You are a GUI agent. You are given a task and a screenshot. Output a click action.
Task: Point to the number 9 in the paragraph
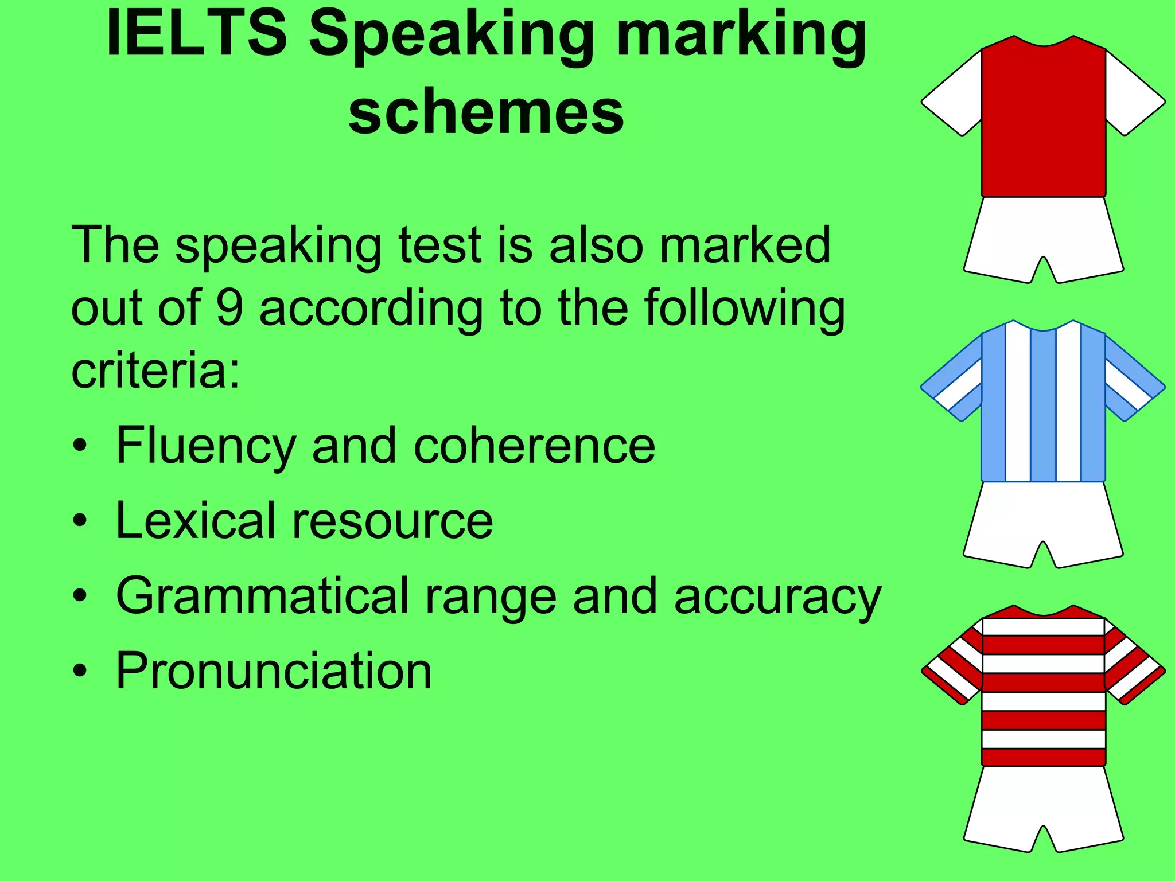(x=229, y=308)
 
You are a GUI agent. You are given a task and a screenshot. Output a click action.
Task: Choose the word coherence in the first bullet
(x=534, y=446)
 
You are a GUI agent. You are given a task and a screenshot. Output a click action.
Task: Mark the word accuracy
(x=777, y=597)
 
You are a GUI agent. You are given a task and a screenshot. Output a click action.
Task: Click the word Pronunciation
(x=274, y=671)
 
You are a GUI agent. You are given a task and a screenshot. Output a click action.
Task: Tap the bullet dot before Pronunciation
(x=81, y=671)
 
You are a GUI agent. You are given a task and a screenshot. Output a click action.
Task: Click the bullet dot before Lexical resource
(x=81, y=521)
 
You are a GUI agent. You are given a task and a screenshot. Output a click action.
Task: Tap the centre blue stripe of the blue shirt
(x=1043, y=404)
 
